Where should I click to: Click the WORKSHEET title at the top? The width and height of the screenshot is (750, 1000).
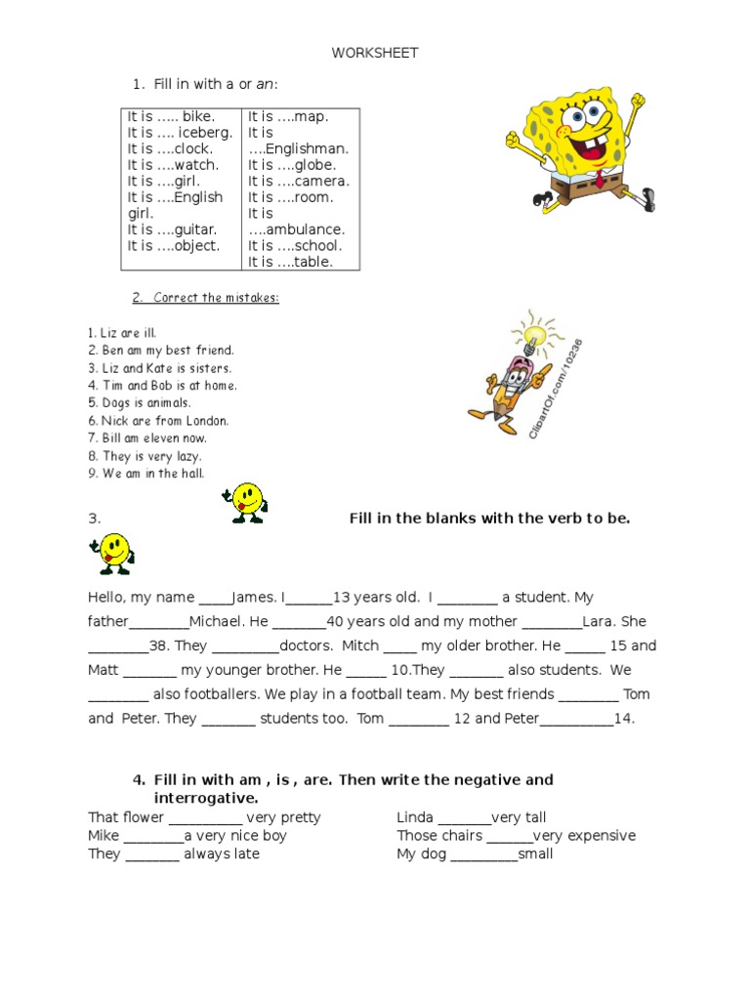374,53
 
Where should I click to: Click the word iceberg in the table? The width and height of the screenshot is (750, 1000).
205,133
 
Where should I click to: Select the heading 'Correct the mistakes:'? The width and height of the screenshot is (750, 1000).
205,298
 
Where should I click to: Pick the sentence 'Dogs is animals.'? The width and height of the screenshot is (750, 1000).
140,402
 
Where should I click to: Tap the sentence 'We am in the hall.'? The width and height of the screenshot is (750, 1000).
146,473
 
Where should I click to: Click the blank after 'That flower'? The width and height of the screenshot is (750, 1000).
205,818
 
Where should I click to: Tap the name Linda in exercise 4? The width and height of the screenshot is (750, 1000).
415,817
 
